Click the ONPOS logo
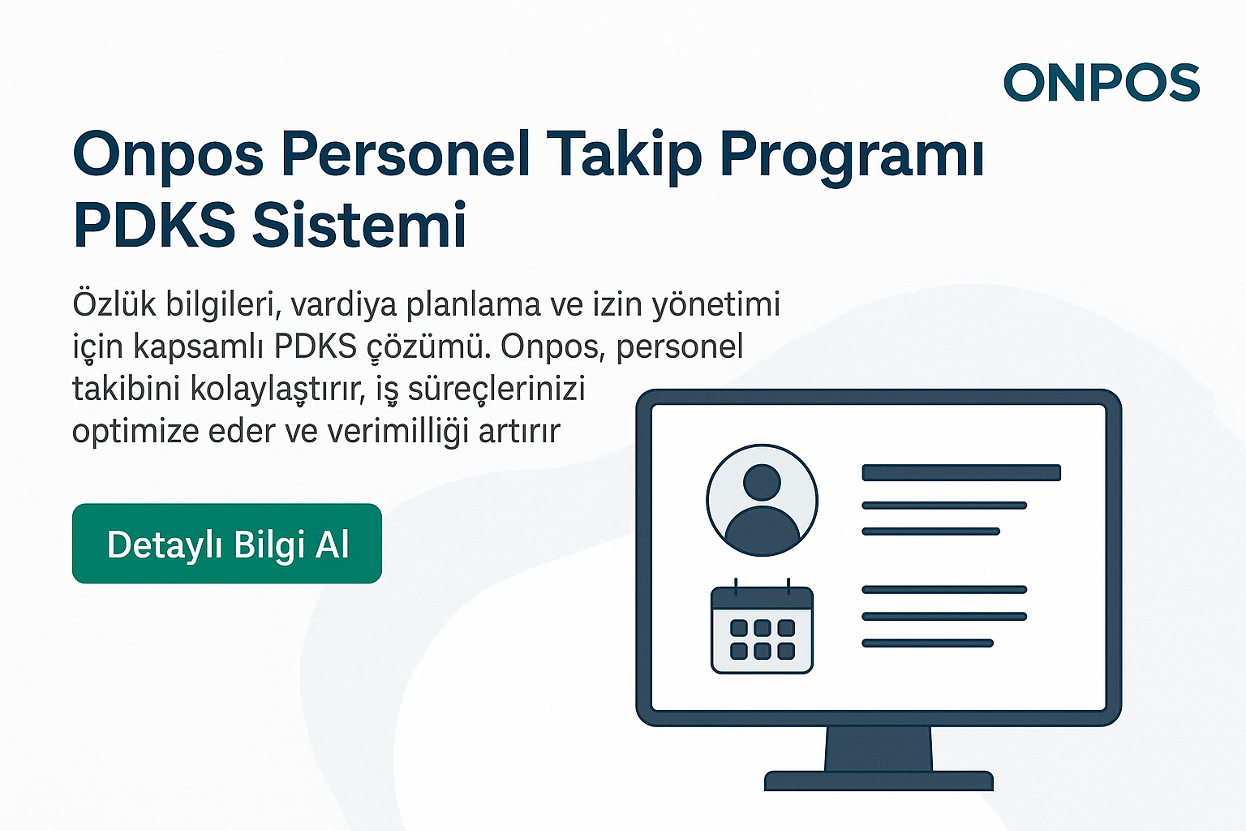coord(1102,83)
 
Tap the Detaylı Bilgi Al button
coord(227,544)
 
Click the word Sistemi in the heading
coord(359,225)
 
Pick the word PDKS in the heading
coord(154,225)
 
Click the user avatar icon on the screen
coord(762,500)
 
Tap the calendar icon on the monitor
coord(762,630)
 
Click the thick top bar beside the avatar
coord(961,472)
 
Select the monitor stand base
coord(879,781)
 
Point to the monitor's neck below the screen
coord(879,748)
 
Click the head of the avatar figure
coord(762,483)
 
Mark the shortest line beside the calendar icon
coord(927,643)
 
